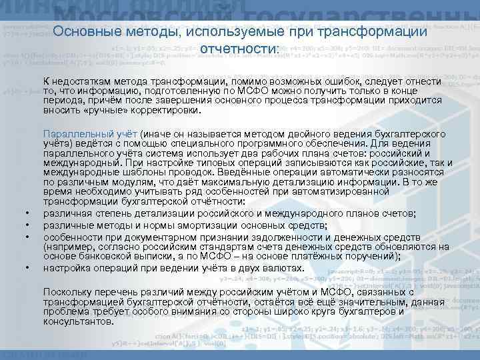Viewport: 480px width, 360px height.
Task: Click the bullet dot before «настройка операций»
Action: coord(27,268)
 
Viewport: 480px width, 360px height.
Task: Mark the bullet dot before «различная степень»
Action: coord(27,213)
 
